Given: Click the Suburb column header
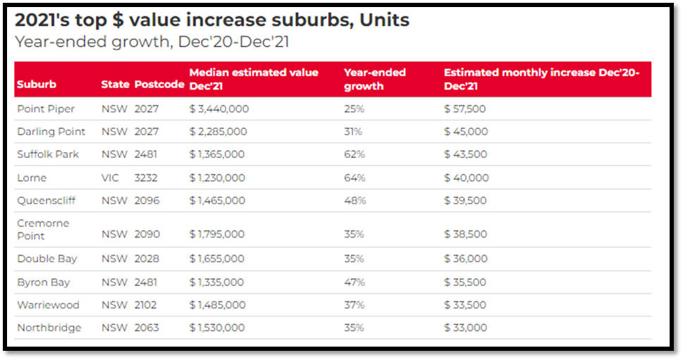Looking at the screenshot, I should coord(36,85).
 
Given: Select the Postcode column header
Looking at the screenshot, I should coord(159,85).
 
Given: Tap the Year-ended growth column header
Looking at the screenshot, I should coord(374,79).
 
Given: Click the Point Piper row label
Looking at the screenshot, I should coord(46,108).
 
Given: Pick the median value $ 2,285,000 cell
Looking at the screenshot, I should coord(219,132).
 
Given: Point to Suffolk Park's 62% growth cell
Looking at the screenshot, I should coord(354,154).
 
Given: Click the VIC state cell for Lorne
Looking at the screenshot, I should coord(110,178).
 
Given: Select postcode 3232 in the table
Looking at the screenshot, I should coord(147,178).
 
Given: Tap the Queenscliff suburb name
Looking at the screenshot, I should coord(46,201).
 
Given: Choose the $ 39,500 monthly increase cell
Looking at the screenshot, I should coord(465,201).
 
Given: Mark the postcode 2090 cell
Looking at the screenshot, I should coord(147,235).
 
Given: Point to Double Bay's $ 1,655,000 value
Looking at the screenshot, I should coord(218,259).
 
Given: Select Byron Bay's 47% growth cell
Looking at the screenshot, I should coord(355,282).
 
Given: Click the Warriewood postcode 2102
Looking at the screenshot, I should coord(146,305).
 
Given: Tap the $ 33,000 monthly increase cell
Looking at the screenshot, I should coord(465,328).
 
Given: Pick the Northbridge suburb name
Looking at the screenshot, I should coord(49,328).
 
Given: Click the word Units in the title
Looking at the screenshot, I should coord(384,20).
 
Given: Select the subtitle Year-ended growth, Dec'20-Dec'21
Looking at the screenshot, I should coord(152,41).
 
